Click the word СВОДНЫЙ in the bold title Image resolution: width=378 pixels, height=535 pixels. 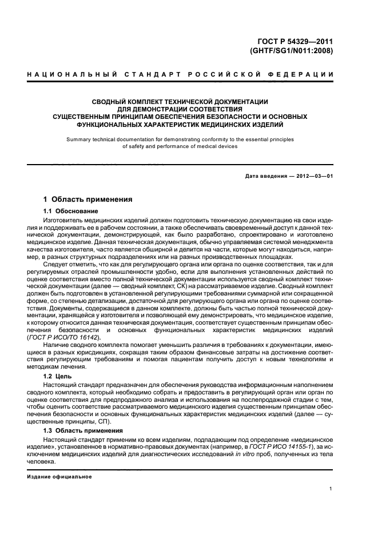pyautogui.click(x=112, y=102)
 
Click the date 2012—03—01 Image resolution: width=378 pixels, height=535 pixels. pyautogui.click(x=315, y=175)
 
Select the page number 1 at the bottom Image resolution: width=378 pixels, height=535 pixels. pyautogui.click(x=331, y=489)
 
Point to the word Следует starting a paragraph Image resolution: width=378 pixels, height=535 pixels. pyautogui.click(x=57, y=265)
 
